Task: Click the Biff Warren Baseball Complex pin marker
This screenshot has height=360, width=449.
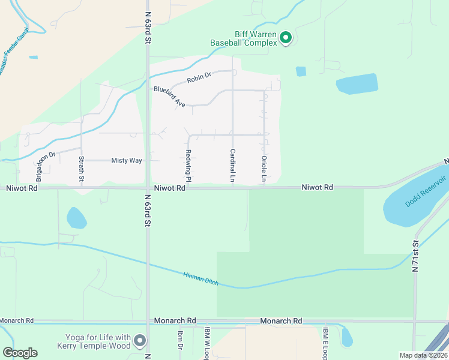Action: (286, 38)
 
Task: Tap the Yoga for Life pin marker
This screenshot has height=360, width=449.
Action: (140, 341)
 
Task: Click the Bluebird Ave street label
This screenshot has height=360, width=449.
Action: (169, 97)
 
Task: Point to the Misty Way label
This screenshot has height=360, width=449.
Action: (126, 161)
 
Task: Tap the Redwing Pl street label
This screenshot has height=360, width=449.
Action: (188, 166)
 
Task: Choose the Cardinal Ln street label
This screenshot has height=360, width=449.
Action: (232, 166)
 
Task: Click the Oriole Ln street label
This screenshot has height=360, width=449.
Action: (264, 169)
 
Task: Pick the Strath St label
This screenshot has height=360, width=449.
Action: (82, 169)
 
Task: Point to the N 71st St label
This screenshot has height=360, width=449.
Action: (414, 257)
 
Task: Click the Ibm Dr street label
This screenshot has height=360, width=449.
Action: (179, 340)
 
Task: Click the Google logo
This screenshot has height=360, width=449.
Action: (19, 353)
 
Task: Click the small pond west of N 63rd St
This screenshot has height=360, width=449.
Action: (76, 218)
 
